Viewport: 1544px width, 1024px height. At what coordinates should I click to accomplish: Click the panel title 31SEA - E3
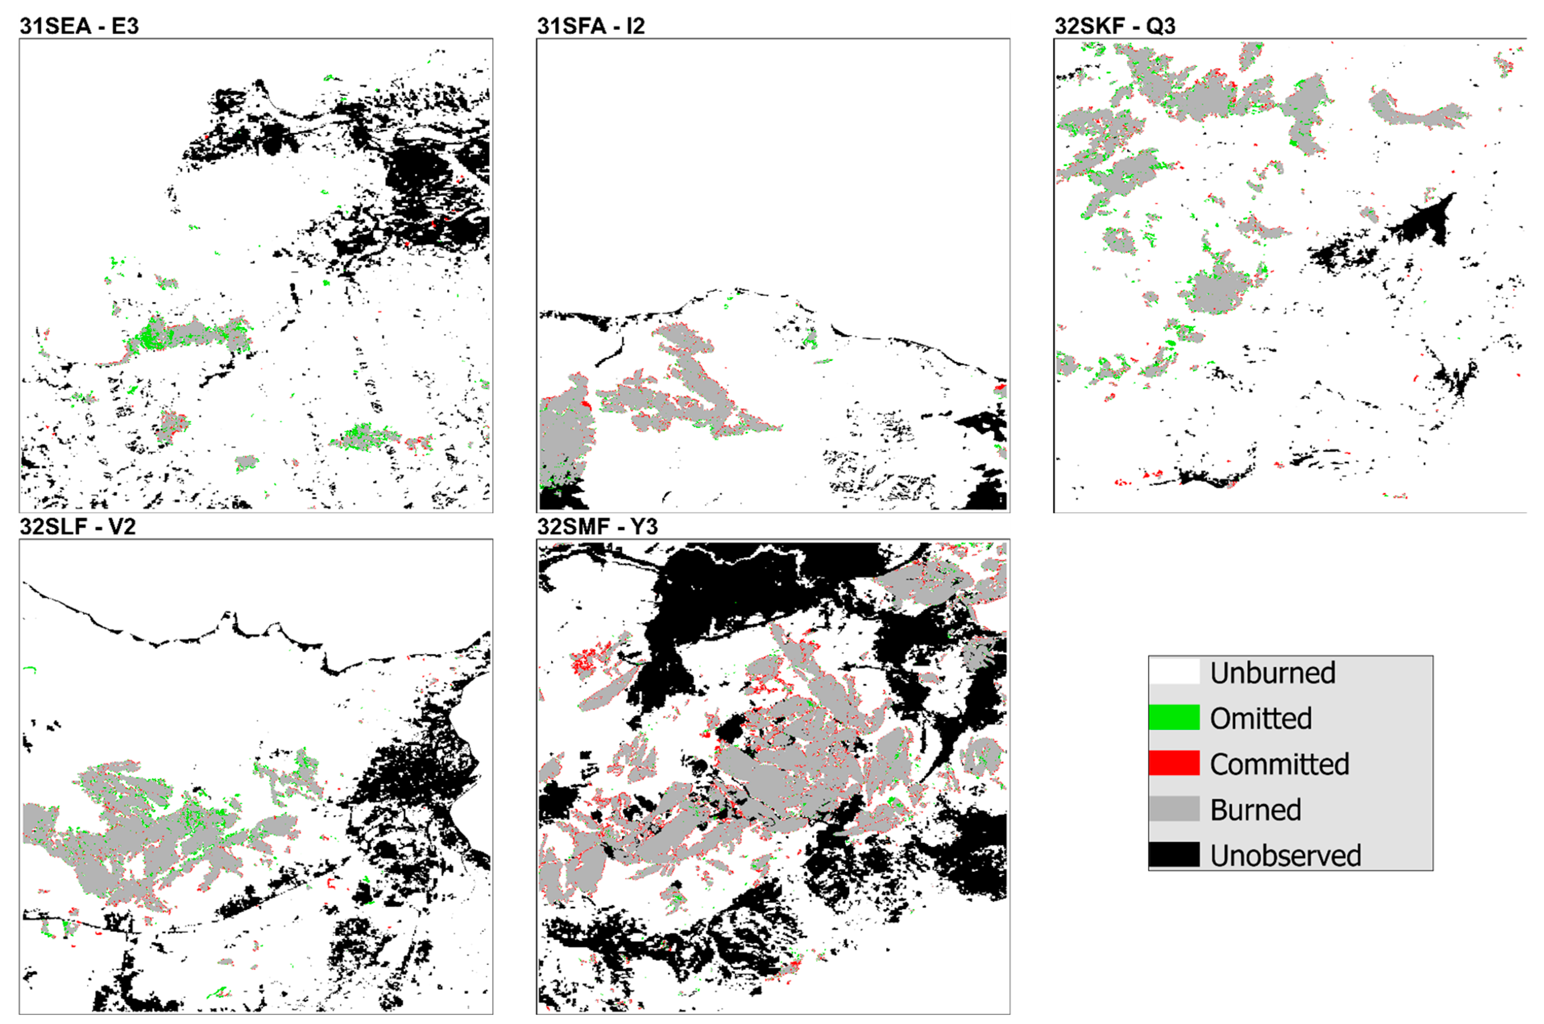(x=79, y=26)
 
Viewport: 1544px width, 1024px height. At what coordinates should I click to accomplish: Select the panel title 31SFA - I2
(x=591, y=26)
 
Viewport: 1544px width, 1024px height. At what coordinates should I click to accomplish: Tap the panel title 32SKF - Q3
(x=1115, y=26)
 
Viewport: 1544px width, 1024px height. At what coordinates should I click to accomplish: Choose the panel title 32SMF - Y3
(x=597, y=527)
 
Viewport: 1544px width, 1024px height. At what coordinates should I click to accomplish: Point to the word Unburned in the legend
(x=1273, y=673)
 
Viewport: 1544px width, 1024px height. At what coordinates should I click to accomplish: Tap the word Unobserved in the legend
(x=1285, y=856)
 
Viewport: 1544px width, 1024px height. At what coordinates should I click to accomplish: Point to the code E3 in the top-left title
(x=125, y=26)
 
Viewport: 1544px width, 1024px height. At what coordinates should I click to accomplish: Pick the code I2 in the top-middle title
(x=634, y=26)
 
